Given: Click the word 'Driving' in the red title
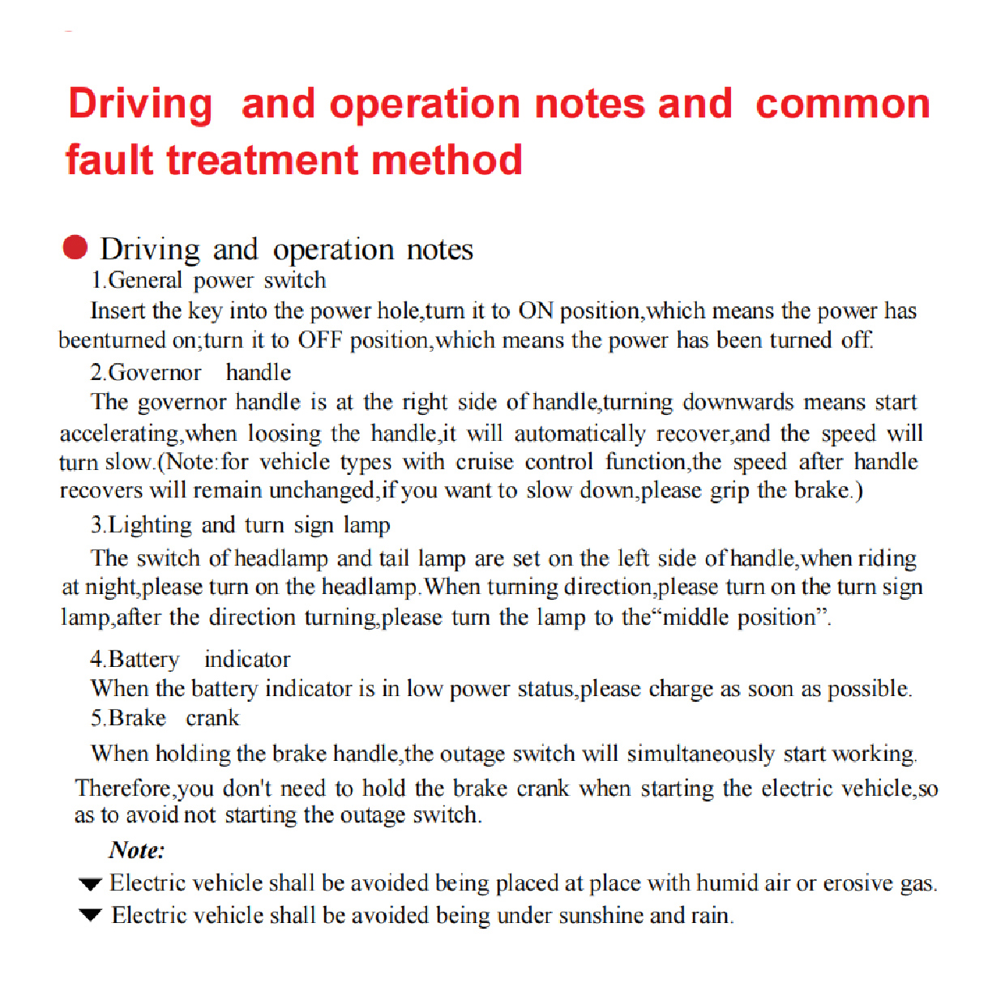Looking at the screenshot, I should coord(140,105).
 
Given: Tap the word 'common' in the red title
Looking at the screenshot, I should coord(842,105).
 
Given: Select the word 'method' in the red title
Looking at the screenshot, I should coord(447,160).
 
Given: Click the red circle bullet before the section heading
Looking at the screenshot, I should coord(75,247).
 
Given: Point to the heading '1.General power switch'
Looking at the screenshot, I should coord(208,280).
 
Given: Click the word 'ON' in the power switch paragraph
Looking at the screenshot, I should coord(536,311).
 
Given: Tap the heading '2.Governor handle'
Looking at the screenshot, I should coord(190,373).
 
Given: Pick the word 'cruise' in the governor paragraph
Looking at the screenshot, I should coord(485,463).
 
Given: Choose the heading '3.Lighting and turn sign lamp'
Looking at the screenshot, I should coord(241,525).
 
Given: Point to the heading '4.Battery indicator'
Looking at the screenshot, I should coord(190,660).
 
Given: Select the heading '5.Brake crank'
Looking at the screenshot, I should coord(165,719).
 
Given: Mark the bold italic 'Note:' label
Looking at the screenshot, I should coord(137,850).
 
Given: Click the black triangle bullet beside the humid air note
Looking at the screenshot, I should coord(90,883).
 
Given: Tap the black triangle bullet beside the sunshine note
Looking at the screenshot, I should coord(90,916).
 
